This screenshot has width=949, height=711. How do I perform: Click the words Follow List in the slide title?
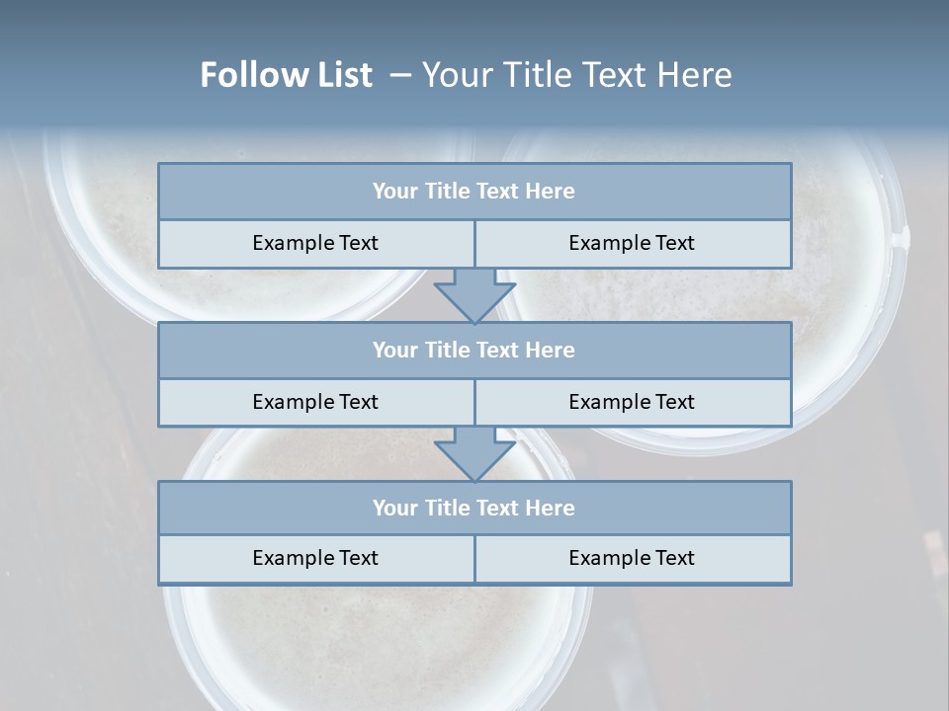click(286, 75)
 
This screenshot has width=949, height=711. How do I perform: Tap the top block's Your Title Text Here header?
click(474, 192)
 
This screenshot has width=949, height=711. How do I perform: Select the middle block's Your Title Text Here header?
click(474, 351)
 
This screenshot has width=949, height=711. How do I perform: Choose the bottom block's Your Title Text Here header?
click(474, 509)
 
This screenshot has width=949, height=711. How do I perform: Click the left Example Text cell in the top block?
click(315, 244)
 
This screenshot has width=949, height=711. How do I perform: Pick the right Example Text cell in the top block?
click(632, 244)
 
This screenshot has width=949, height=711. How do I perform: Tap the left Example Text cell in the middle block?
click(315, 403)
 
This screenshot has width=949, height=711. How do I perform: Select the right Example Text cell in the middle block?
click(632, 403)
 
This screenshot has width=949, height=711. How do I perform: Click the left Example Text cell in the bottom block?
click(315, 559)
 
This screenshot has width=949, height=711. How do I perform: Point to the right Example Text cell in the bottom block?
click(632, 559)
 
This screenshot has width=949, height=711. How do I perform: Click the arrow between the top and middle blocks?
click(474, 295)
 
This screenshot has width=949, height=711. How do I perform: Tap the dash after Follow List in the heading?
click(400, 75)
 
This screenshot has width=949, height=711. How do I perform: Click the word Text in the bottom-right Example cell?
click(673, 559)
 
